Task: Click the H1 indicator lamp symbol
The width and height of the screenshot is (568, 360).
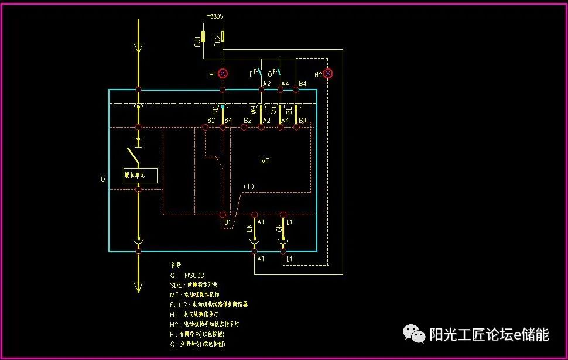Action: click(x=223, y=74)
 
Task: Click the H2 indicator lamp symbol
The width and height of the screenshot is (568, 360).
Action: click(x=328, y=74)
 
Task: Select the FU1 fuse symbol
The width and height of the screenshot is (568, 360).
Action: click(x=203, y=37)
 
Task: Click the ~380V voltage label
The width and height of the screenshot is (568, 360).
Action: click(x=214, y=16)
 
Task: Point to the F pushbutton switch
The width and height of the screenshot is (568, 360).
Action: click(x=258, y=73)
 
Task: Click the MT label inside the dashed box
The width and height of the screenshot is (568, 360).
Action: click(x=265, y=160)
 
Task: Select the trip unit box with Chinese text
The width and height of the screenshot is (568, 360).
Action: click(x=140, y=175)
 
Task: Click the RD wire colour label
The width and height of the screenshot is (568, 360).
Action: click(x=215, y=109)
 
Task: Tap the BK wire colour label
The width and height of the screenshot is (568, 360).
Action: click(x=249, y=228)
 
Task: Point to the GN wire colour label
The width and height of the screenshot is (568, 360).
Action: click(x=279, y=228)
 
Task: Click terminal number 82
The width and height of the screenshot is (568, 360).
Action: click(x=211, y=120)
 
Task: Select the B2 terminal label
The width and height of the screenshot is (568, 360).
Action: click(x=248, y=120)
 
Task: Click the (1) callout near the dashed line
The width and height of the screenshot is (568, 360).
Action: click(x=249, y=186)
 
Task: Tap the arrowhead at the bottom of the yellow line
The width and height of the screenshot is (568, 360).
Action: click(x=139, y=286)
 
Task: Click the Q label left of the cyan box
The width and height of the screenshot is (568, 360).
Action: click(x=103, y=180)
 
